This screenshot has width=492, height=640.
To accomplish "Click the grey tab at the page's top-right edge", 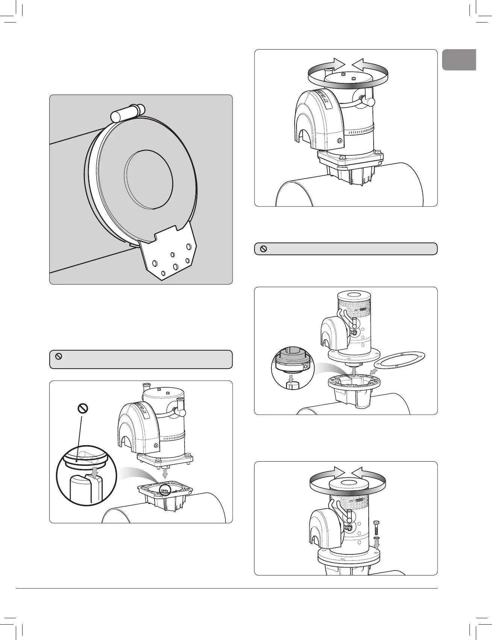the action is pos(459,60).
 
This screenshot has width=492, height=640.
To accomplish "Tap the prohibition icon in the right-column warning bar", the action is pos(263,249).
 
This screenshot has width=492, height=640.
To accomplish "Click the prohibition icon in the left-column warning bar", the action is pos(59,357).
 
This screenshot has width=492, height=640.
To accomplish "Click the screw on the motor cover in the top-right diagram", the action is pos(340,141).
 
